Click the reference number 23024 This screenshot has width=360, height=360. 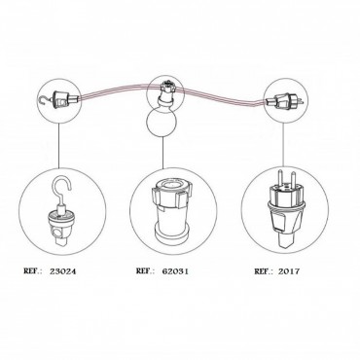coord(63,271)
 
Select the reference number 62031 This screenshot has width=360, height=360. coord(175,271)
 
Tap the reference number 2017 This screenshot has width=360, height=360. coord(289,271)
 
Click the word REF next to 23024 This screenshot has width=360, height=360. coord(34,271)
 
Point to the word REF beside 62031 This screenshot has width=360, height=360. coord(146,270)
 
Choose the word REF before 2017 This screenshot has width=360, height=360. coord(264,271)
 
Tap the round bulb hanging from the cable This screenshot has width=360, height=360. coord(162,123)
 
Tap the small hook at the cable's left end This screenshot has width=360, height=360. coord(41,100)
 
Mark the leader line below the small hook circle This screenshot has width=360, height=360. coord(58,145)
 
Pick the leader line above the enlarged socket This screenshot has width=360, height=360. coord(162,154)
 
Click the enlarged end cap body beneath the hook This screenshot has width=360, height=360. coord(62,227)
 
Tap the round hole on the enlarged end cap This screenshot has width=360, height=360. coord(56,234)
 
